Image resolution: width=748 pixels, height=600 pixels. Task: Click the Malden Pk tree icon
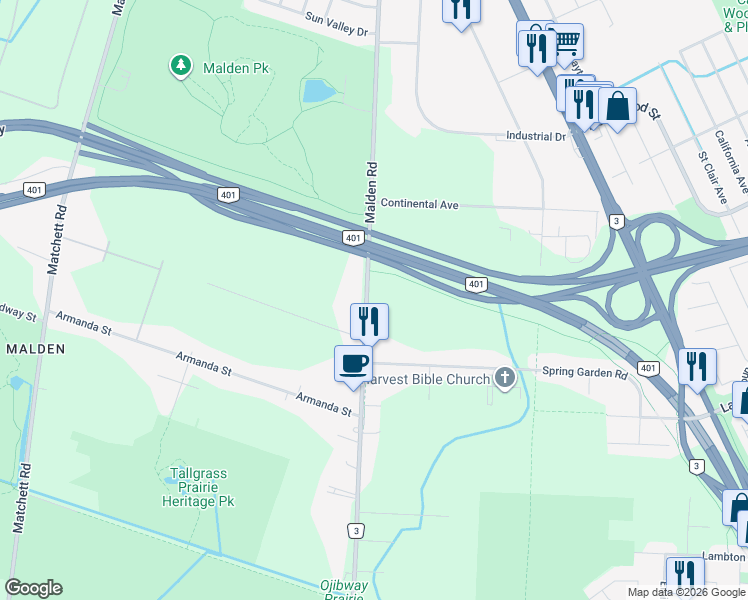click(181, 66)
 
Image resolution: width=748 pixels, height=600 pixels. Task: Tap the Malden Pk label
click(237, 67)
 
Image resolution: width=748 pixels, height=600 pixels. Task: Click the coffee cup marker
click(353, 364)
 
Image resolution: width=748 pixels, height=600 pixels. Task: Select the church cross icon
click(506, 378)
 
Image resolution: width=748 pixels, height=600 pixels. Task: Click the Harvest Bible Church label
click(427, 379)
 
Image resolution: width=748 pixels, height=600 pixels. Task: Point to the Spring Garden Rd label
click(584, 373)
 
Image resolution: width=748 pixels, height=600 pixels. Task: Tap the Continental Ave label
click(419, 204)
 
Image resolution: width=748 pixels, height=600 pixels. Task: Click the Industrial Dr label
click(536, 136)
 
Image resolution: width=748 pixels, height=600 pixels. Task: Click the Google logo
click(33, 588)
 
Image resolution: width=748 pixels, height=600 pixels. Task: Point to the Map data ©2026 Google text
click(686, 592)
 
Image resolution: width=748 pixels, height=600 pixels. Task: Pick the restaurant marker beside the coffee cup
click(369, 322)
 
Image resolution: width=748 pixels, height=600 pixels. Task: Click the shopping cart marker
click(566, 42)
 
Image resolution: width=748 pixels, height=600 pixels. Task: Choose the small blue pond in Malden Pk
click(318, 91)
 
